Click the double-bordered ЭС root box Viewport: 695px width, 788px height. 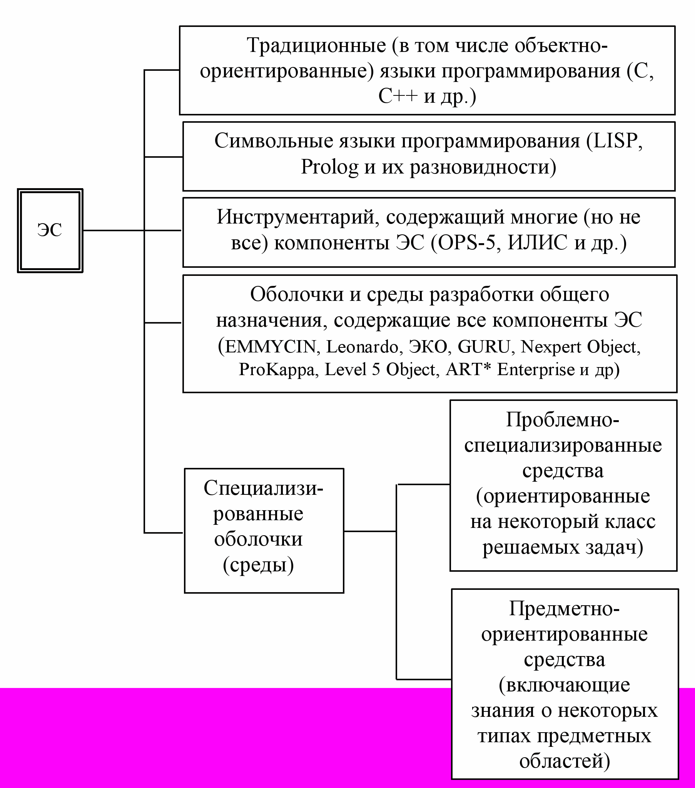click(x=50, y=230)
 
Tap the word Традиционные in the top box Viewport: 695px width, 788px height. click(x=316, y=45)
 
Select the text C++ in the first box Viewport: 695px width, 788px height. click(x=398, y=96)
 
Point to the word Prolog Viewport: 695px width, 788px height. click(x=329, y=167)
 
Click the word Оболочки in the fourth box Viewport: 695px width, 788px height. click(x=297, y=294)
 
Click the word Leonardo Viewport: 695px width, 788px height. click(x=362, y=347)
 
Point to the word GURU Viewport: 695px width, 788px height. click(x=484, y=347)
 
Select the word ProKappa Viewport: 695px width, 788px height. click(x=277, y=369)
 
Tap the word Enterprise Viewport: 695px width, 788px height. click(x=536, y=369)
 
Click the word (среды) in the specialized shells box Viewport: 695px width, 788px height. click(x=258, y=565)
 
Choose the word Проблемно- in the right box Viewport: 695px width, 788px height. click(x=563, y=419)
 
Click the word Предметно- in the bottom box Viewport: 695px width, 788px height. click(x=564, y=609)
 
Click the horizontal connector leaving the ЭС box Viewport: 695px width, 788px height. click(x=114, y=230)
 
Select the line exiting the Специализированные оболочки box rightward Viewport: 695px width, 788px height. click(x=369, y=531)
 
